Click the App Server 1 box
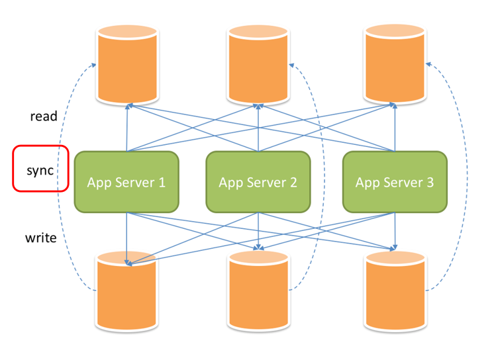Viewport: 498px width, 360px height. [x=126, y=182]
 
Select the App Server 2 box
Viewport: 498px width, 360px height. [x=258, y=182]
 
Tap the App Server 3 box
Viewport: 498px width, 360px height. [x=395, y=182]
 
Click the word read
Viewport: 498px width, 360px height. [x=44, y=116]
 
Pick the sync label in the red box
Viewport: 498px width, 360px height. [x=40, y=171]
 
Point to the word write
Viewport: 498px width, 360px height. [x=41, y=238]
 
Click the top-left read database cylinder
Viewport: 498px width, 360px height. [x=127, y=64]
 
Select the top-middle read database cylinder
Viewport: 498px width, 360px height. [x=258, y=64]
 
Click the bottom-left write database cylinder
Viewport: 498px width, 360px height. [x=127, y=291]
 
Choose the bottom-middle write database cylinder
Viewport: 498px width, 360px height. [x=258, y=291]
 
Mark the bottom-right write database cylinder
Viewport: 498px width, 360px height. [x=395, y=291]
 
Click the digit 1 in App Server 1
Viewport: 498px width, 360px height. [x=162, y=182]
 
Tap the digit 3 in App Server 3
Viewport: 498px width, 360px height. [x=430, y=182]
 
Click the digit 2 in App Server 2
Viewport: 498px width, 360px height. [x=293, y=182]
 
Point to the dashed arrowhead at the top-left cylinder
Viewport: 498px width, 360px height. [x=93, y=65]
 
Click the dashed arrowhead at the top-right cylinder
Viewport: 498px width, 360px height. [x=428, y=64]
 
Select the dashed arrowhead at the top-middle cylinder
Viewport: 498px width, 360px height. [x=291, y=66]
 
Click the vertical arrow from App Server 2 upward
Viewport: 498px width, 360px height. [x=258, y=128]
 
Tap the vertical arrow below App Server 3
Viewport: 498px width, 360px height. [x=395, y=232]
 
